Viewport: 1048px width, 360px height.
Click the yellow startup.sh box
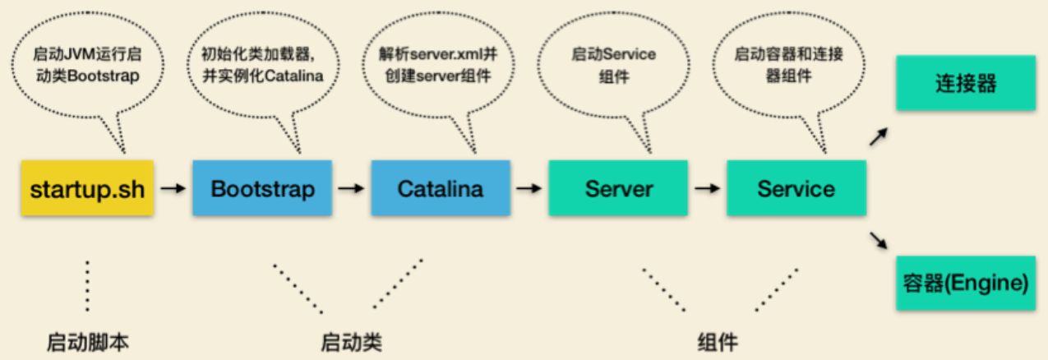tap(86, 189)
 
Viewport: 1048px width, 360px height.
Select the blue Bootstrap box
tap(262, 189)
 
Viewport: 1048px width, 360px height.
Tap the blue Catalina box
tap(440, 189)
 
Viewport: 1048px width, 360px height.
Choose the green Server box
tap(619, 189)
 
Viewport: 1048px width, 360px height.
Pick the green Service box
tap(796, 189)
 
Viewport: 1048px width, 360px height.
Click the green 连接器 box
tap(965, 83)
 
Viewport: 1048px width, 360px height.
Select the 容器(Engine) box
tap(965, 284)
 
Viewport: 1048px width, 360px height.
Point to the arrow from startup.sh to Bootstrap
tap(173, 189)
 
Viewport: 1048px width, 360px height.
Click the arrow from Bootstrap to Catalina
tap(351, 189)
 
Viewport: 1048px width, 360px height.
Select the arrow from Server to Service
tap(707, 189)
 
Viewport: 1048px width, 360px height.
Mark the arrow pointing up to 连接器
tap(879, 136)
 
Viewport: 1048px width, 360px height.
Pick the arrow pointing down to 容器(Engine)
tap(879, 240)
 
